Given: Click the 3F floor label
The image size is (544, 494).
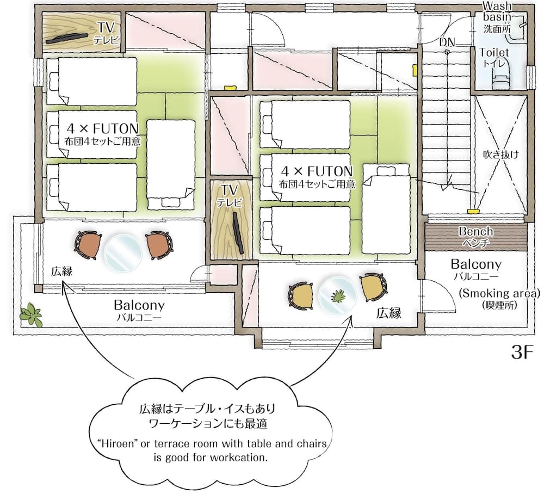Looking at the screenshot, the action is click(522, 352).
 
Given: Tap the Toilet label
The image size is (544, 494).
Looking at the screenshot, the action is click(494, 53).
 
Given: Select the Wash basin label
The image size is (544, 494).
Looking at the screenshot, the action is click(497, 11).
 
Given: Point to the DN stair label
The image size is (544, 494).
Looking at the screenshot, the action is click(447, 42).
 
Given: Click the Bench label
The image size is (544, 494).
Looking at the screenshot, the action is click(475, 231).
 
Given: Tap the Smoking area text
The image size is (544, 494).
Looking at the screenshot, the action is click(499, 293).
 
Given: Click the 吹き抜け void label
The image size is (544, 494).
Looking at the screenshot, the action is click(501, 155).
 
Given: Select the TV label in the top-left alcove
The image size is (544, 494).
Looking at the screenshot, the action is click(106, 27).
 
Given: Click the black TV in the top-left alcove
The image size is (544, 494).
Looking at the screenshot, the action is click(66, 39).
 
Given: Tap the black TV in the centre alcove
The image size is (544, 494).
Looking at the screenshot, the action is click(238, 233).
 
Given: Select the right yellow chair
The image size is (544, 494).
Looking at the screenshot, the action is click(373, 287).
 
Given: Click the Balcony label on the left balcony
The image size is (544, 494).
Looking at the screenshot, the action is click(139, 305).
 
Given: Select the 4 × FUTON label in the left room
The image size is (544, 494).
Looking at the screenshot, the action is click(103, 129).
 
